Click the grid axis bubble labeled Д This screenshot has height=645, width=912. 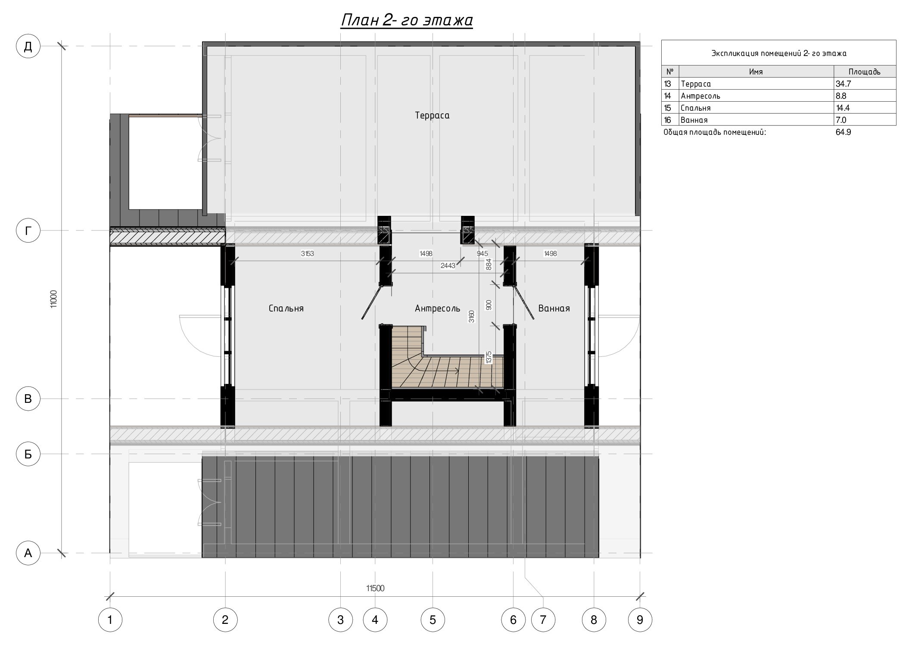pyautogui.click(x=28, y=46)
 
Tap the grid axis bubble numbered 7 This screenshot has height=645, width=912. pyautogui.click(x=543, y=620)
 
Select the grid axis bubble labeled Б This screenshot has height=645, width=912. pyautogui.click(x=28, y=454)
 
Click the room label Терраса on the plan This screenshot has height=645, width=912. pyautogui.click(x=432, y=115)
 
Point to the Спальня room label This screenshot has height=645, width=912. pyautogui.click(x=286, y=308)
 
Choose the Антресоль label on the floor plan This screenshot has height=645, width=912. pyautogui.click(x=437, y=308)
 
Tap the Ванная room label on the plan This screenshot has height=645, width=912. pyautogui.click(x=554, y=308)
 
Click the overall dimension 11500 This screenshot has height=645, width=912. pyautogui.click(x=375, y=588)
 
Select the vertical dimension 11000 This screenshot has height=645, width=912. pyautogui.click(x=53, y=299)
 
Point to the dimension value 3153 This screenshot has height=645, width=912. pyautogui.click(x=307, y=254)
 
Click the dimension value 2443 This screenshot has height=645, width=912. pyautogui.click(x=448, y=266)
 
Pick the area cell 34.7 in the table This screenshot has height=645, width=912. pyautogui.click(x=843, y=84)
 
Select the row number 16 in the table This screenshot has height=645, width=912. pyautogui.click(x=668, y=120)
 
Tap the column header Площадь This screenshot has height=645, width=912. pyautogui.click(x=865, y=72)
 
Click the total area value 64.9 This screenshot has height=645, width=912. pyautogui.click(x=844, y=132)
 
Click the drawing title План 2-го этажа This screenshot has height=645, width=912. pyautogui.click(x=407, y=20)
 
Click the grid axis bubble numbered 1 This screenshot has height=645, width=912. pyautogui.click(x=110, y=620)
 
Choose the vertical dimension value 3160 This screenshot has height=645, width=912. pyautogui.click(x=472, y=317)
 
